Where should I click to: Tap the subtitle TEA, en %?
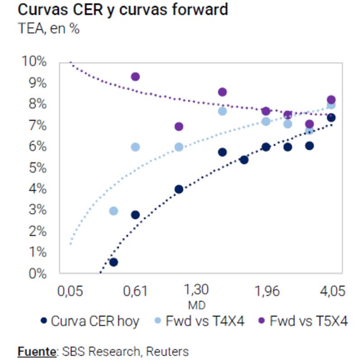pos(49,28)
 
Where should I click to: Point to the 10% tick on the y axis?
pos(34,61)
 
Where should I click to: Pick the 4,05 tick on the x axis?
pos(331,290)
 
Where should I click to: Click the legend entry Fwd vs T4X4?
pos(205,322)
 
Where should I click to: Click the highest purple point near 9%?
pos(135,77)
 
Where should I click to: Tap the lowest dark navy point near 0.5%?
pos(114,262)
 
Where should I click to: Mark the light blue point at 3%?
pos(114,211)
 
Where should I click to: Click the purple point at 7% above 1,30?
pos(179,127)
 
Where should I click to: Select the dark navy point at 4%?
pos(179,189)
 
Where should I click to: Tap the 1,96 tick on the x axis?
pos(266,290)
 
